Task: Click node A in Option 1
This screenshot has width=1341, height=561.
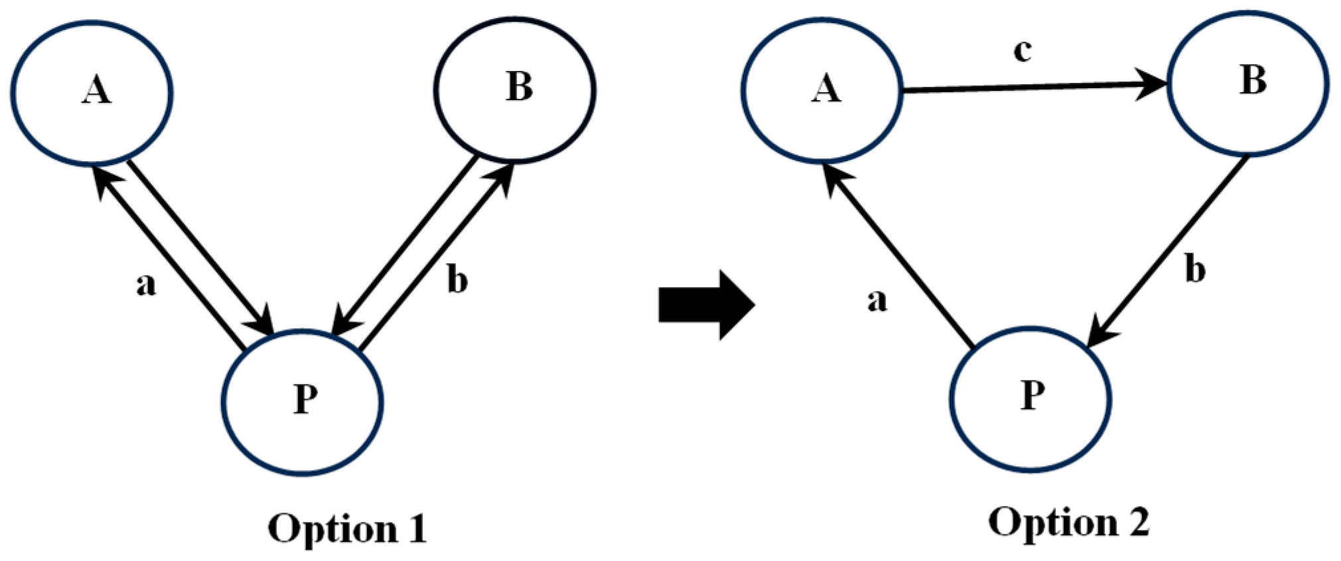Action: pyautogui.click(x=92, y=92)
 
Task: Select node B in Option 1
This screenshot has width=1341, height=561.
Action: pyautogui.click(x=515, y=89)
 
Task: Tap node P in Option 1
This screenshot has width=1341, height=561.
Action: pyautogui.click(x=303, y=401)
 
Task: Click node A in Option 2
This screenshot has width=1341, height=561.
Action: pyautogui.click(x=823, y=89)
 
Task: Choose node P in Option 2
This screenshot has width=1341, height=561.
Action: pyautogui.click(x=1030, y=398)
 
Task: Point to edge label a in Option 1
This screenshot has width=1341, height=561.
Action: pyautogui.click(x=146, y=285)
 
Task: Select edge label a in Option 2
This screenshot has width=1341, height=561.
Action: pyautogui.click(x=877, y=300)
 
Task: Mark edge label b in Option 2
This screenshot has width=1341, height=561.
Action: pyautogui.click(x=1195, y=271)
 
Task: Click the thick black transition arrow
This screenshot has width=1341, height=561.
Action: pyautogui.click(x=707, y=305)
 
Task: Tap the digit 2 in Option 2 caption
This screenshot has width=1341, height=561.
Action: pyautogui.click(x=1136, y=523)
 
